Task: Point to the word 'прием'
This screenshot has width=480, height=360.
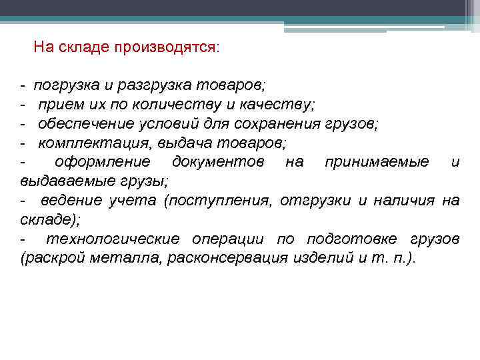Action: tap(56, 105)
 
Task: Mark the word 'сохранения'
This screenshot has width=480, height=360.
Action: tap(278, 124)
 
